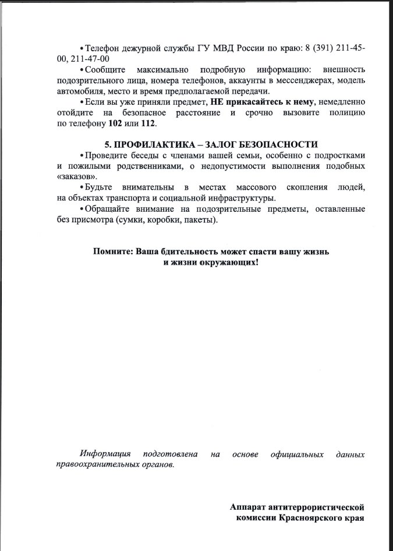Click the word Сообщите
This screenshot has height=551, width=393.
(x=105, y=70)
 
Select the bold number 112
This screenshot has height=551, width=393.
(x=148, y=124)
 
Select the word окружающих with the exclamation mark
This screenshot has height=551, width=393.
(x=228, y=262)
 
